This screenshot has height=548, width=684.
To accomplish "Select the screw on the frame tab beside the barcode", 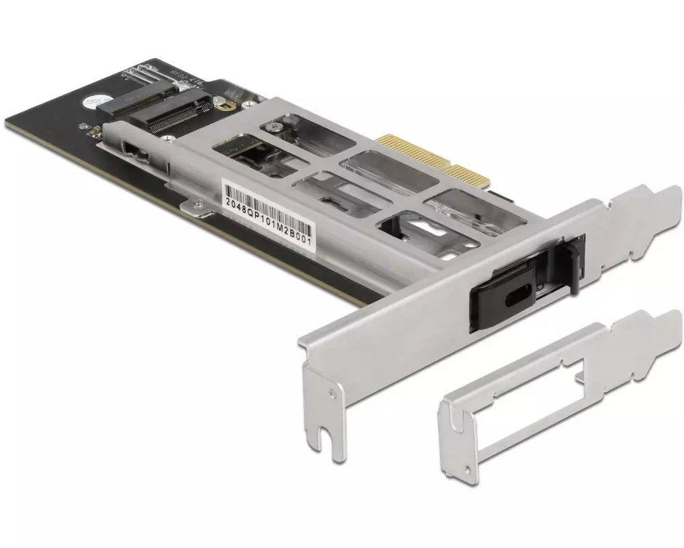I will (196, 203).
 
